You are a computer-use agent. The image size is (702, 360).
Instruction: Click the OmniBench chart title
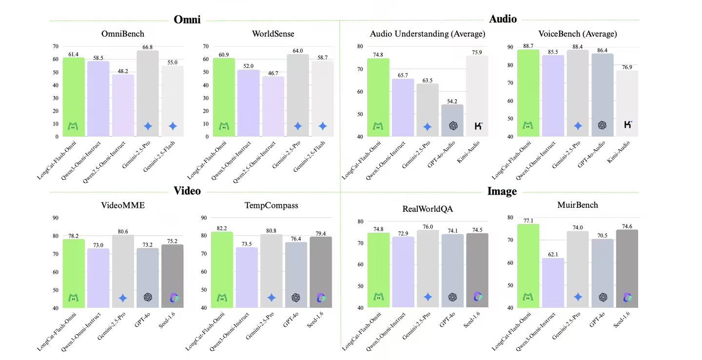(122, 34)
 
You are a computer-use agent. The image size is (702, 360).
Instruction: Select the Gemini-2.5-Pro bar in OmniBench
(148, 93)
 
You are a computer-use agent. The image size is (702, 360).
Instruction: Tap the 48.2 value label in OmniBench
(123, 71)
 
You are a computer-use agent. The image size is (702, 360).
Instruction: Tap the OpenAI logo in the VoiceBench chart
(602, 125)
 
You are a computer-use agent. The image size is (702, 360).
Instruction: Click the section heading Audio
(503, 20)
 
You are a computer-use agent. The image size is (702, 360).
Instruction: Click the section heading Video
(187, 191)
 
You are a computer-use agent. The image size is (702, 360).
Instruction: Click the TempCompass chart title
(271, 205)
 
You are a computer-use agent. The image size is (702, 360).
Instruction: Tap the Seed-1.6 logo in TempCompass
(321, 297)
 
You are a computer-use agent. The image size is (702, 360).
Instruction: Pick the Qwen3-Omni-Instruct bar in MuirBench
(553, 283)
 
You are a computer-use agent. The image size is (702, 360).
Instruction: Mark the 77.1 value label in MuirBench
(528, 220)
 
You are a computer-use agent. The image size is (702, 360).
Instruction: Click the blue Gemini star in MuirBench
(578, 297)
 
